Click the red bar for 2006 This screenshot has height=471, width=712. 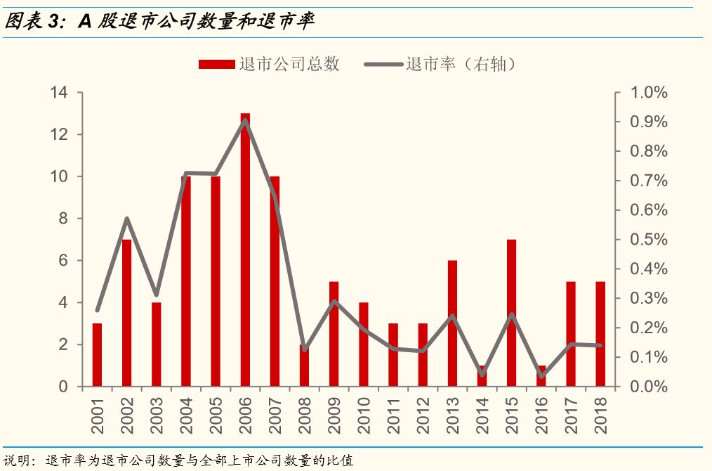(245, 253)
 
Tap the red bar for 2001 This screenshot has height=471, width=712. (97, 356)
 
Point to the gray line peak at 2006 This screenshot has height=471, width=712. (245, 120)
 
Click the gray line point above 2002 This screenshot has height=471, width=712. (126, 219)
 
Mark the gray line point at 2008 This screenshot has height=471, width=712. (304, 349)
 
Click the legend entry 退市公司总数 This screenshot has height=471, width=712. (270, 64)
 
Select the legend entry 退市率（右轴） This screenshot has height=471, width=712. (444, 64)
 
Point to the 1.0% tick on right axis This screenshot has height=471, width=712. (647, 93)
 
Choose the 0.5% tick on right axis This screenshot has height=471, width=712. (647, 240)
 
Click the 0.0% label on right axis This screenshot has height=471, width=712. (647, 387)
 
